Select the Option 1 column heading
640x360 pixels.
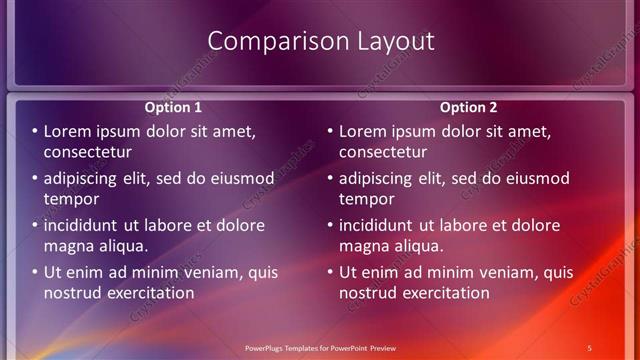(x=173, y=107)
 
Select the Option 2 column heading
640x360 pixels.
(x=468, y=107)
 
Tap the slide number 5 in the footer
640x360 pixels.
(x=590, y=347)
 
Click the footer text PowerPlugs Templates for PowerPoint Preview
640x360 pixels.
(x=320, y=347)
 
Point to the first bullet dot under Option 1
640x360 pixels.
(x=35, y=132)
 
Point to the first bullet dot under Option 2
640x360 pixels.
(x=331, y=132)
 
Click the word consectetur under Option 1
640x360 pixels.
(x=88, y=152)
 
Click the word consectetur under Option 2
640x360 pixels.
(x=383, y=152)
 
